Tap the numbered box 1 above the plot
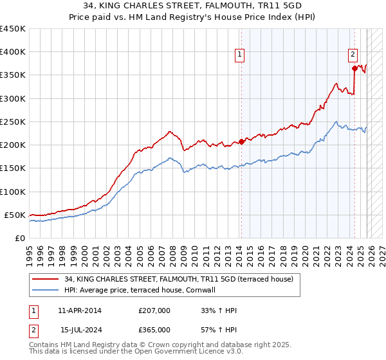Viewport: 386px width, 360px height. (x=239, y=55)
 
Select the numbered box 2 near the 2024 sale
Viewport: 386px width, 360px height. (x=353, y=55)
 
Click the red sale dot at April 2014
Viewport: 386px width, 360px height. (x=241, y=141)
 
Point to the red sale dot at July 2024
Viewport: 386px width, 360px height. (x=354, y=67)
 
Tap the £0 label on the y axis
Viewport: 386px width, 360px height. (x=19, y=238)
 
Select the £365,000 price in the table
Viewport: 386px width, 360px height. (x=154, y=329)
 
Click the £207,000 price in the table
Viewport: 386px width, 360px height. (x=154, y=310)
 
